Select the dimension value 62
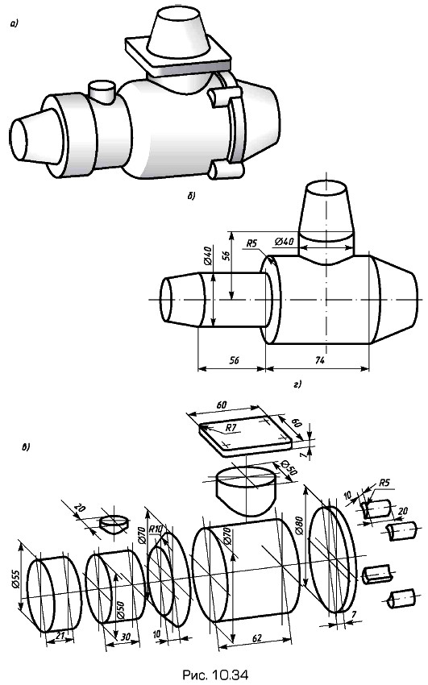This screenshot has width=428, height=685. (257, 637)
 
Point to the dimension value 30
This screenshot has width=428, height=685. (126, 637)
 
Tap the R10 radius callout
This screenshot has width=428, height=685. (155, 529)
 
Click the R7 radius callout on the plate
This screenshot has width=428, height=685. (231, 428)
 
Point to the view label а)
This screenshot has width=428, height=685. (14, 25)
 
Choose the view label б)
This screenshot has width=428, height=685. (191, 196)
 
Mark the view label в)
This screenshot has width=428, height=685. (26, 447)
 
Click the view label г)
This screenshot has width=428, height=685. (298, 385)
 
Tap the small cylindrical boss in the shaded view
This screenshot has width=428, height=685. (101, 92)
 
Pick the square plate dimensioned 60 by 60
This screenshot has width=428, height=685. (246, 436)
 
